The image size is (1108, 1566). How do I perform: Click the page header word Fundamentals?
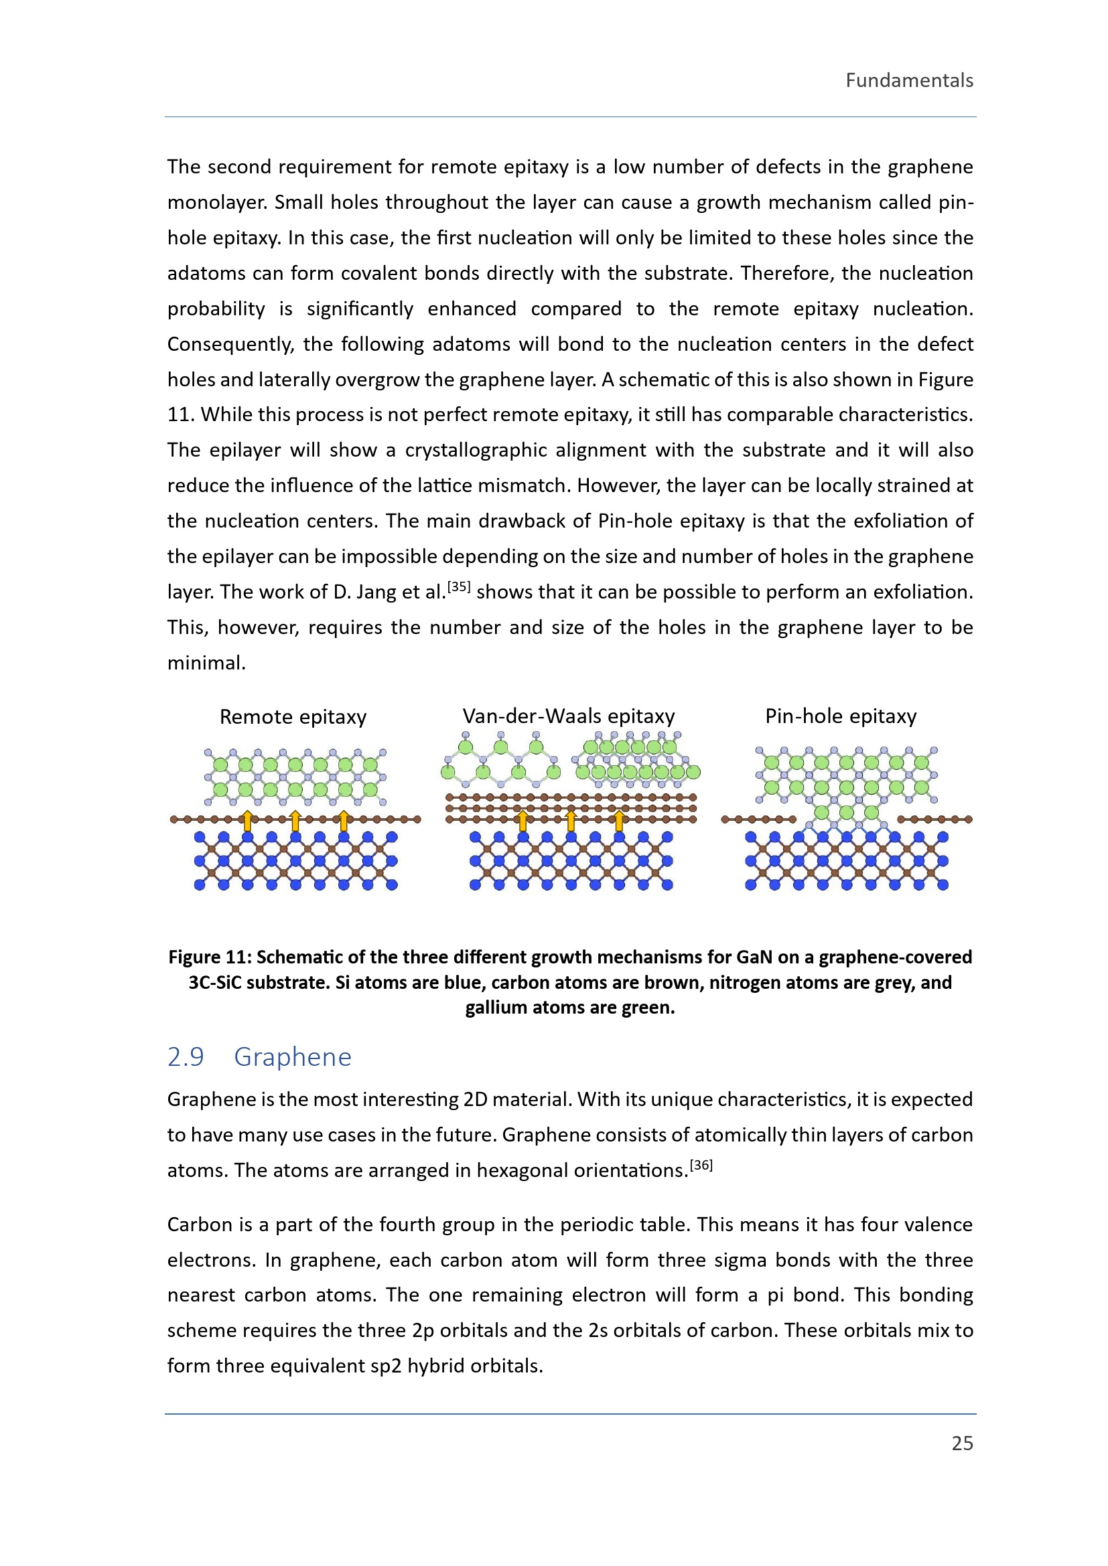coord(909,80)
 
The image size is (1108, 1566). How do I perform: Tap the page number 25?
coord(962,1443)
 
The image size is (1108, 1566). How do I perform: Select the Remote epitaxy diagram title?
coord(293,717)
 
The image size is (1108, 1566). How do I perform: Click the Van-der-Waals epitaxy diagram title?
coord(568,716)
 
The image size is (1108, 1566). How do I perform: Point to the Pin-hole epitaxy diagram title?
coord(841,716)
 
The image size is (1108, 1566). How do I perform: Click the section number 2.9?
coord(186,1056)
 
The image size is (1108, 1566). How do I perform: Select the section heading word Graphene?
coord(293,1056)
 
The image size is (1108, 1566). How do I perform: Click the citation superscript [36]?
coord(701,1165)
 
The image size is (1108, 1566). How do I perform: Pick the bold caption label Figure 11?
coord(210,957)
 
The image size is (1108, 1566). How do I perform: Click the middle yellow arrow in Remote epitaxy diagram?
coord(295,821)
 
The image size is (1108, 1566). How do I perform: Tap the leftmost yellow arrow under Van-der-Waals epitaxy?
coord(523,821)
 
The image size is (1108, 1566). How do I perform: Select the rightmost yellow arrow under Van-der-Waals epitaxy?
coord(619,821)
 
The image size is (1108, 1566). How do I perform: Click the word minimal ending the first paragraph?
coord(206,663)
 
